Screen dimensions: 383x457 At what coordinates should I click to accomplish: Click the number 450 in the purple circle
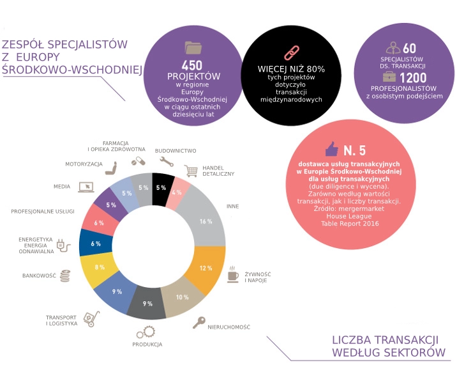(x=192, y=65)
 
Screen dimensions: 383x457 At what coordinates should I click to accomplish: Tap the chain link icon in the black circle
(x=291, y=52)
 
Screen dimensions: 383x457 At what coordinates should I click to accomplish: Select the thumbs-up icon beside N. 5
(x=331, y=150)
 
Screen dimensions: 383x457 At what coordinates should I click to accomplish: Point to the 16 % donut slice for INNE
(x=205, y=221)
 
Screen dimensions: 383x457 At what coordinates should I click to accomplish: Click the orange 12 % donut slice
(x=206, y=267)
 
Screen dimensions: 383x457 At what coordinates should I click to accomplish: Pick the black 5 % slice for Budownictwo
(x=161, y=187)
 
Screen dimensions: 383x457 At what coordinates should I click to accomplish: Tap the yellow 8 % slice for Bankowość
(x=99, y=267)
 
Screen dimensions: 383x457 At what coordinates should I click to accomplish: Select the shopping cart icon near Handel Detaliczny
(x=191, y=171)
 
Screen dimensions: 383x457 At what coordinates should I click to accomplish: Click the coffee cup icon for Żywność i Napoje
(x=234, y=276)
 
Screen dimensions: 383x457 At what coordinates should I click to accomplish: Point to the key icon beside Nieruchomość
(x=200, y=322)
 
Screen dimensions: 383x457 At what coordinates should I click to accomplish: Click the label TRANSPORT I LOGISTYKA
(x=62, y=320)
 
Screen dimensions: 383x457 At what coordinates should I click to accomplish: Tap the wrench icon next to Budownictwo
(x=166, y=161)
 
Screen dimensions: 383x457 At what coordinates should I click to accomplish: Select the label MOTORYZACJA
(x=84, y=164)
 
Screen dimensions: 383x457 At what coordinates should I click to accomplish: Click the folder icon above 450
(x=192, y=47)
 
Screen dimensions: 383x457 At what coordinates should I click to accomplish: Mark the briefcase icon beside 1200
(x=389, y=77)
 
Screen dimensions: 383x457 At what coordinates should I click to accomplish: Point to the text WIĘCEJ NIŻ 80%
(x=291, y=68)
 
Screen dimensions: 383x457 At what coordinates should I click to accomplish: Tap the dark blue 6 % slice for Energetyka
(x=95, y=244)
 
